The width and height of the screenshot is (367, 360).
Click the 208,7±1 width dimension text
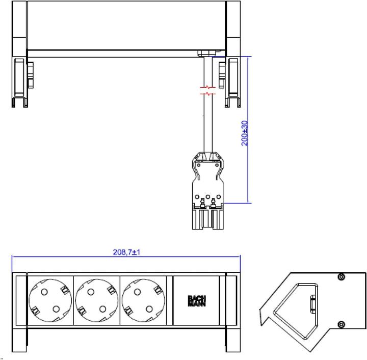pos(126,252)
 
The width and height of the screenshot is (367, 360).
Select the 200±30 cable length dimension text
pos(245,133)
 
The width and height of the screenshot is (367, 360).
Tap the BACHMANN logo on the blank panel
pos(196,301)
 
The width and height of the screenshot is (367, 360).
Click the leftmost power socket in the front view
pos(50,301)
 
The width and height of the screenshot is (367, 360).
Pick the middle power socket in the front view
pos(97,301)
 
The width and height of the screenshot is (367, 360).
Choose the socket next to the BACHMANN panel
pos(143,301)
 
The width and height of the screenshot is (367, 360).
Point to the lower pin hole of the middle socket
pos(103,308)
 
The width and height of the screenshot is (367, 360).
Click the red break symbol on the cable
pos(208,91)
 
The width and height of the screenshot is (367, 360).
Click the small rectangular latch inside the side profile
pos(312,304)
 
